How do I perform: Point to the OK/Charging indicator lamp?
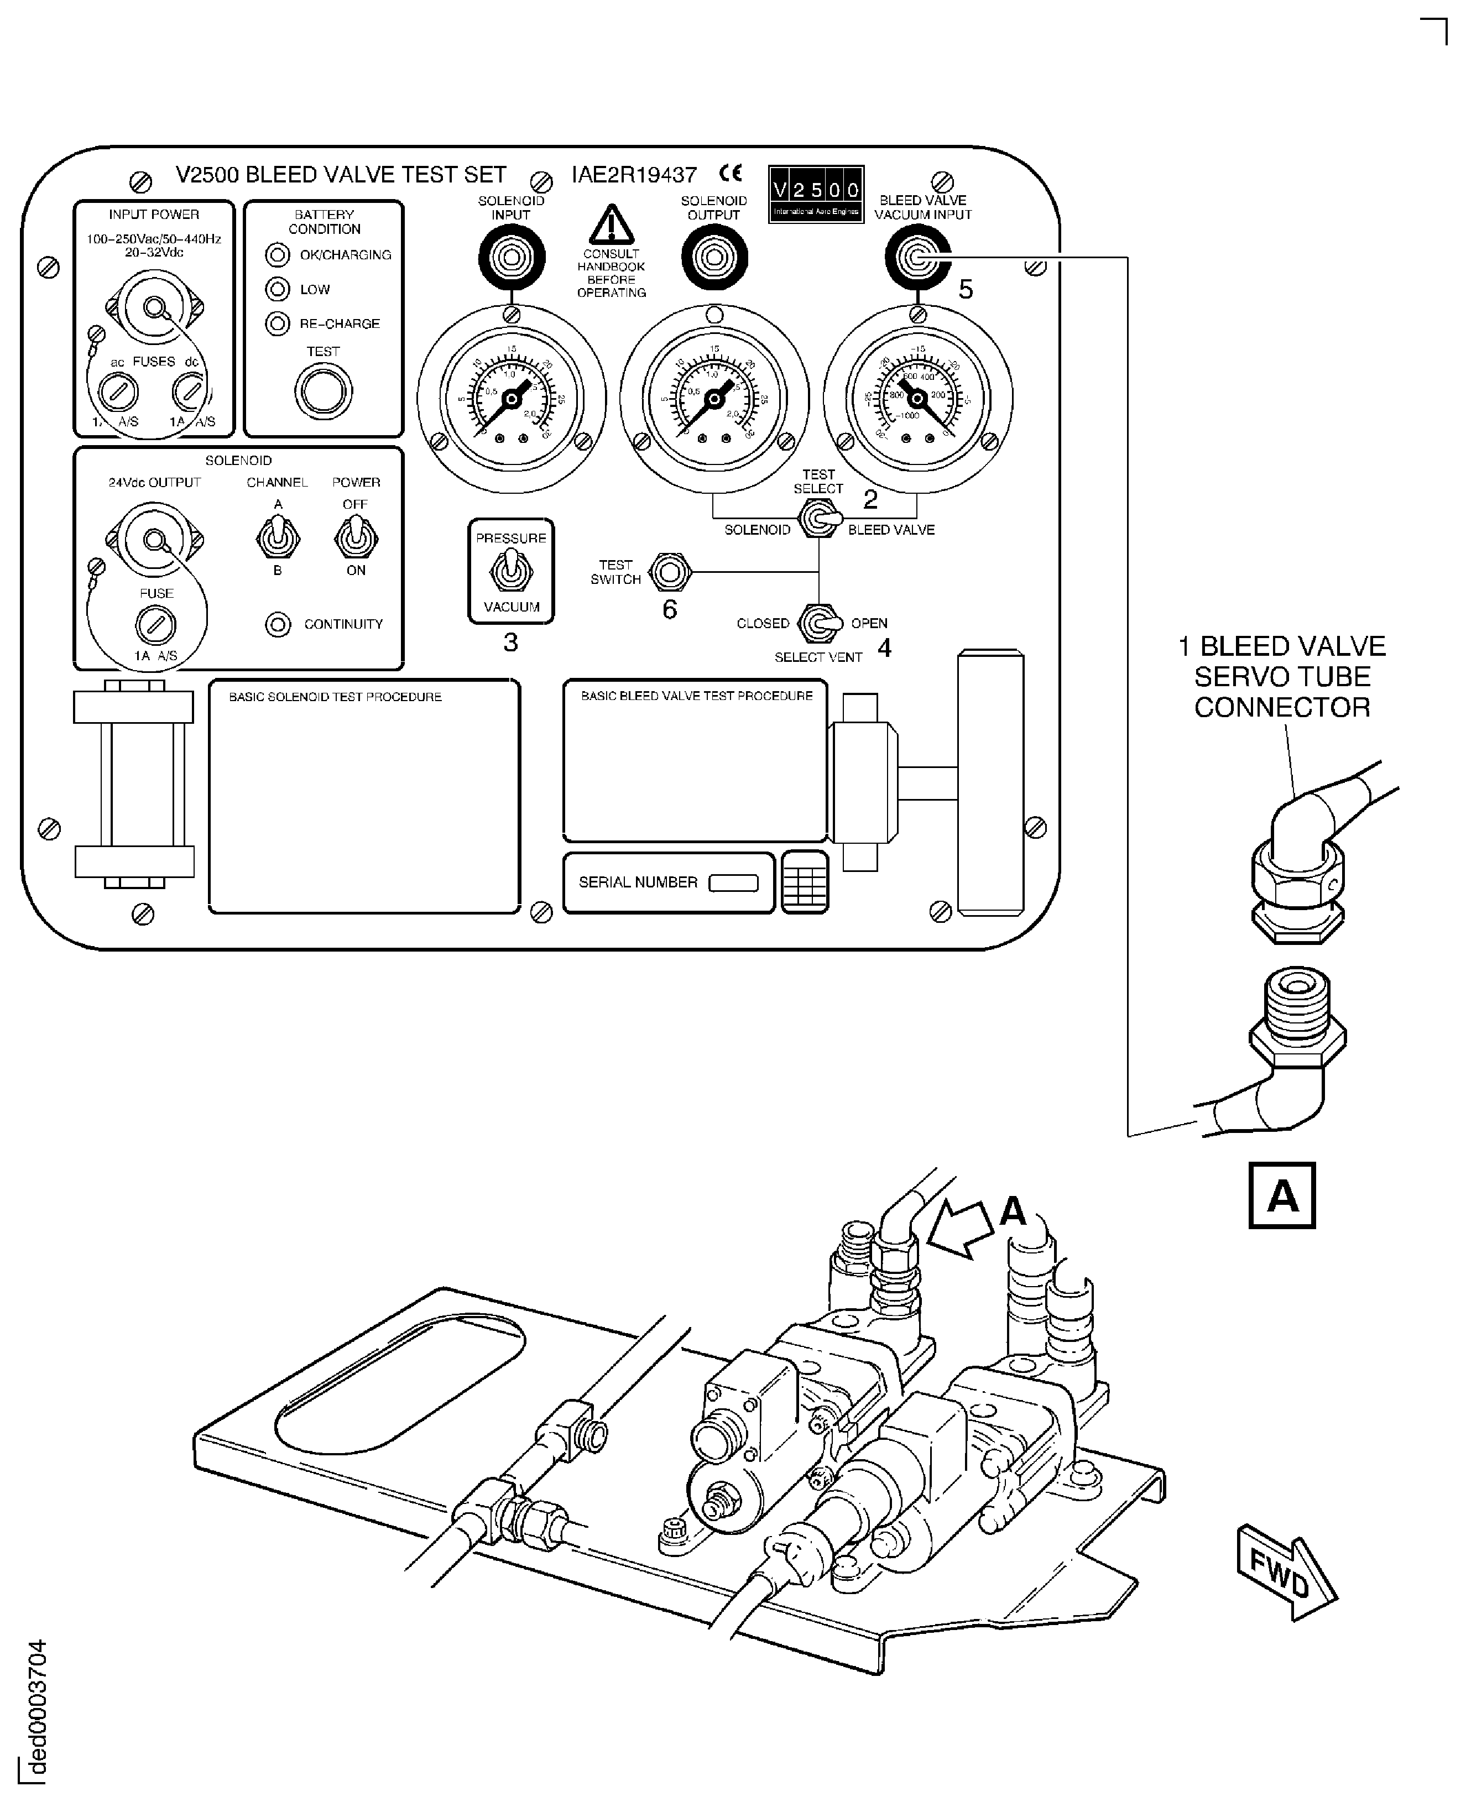(277, 254)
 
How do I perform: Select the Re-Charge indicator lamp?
(277, 323)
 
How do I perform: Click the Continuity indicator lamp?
(278, 625)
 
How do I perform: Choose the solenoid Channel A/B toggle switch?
(277, 538)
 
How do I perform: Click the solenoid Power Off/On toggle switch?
(356, 538)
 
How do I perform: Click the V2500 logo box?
(816, 194)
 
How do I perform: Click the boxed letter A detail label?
(1282, 1195)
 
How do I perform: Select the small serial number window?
(733, 882)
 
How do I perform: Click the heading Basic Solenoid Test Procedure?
(335, 697)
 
